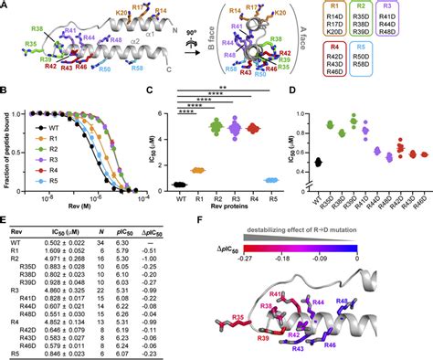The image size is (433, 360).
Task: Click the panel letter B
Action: (x=6, y=91)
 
